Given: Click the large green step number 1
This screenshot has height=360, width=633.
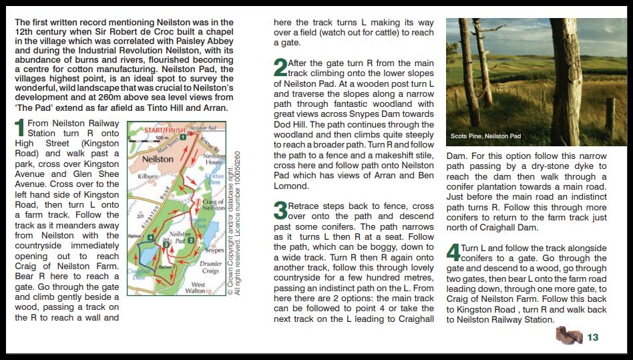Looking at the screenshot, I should pyautogui.click(x=20, y=128).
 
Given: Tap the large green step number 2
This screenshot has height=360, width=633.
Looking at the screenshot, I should pyautogui.click(x=280, y=67).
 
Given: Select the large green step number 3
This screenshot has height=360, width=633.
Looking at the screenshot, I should pyautogui.click(x=280, y=211).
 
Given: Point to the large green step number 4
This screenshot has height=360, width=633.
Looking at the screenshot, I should pyautogui.click(x=453, y=252).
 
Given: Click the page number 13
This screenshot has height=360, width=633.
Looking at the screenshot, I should pyautogui.click(x=593, y=338).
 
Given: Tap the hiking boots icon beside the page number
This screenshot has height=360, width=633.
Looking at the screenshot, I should pyautogui.click(x=569, y=335).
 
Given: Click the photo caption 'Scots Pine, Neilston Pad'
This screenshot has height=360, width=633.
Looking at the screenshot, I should pyautogui.click(x=485, y=136).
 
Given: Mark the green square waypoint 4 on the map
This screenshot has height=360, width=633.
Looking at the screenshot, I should pyautogui.click(x=152, y=238).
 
